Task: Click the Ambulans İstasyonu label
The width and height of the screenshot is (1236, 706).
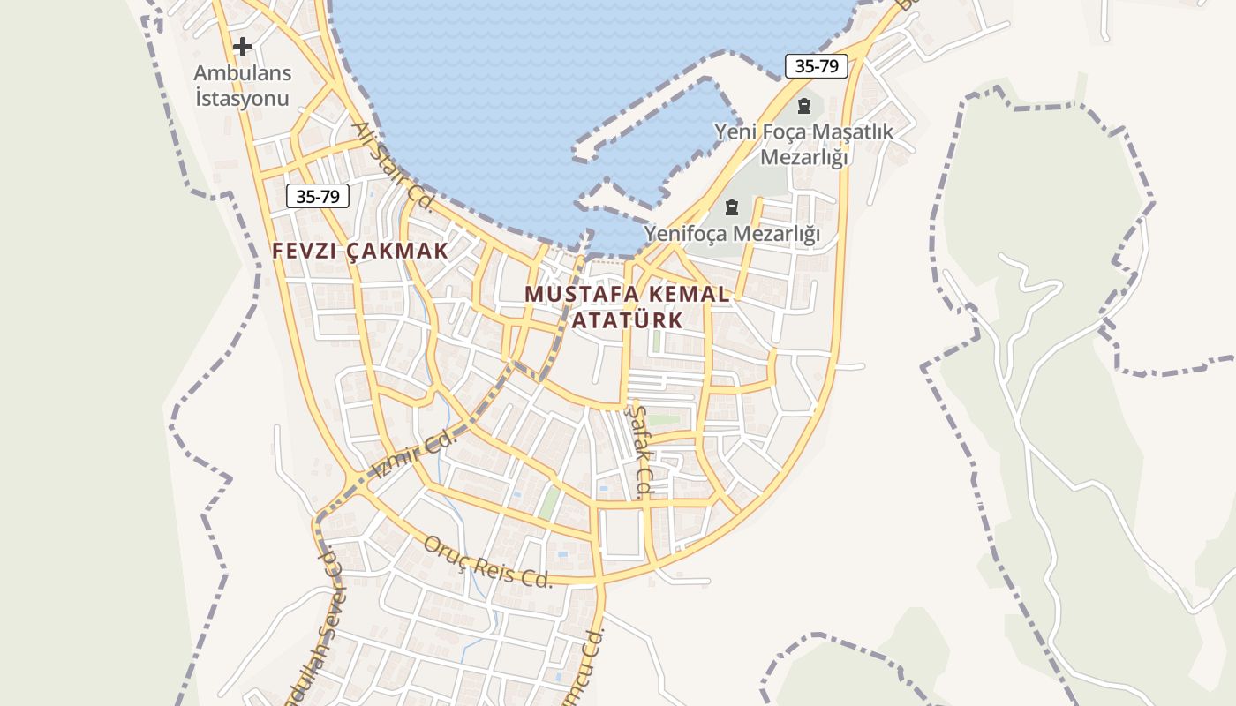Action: click(x=243, y=85)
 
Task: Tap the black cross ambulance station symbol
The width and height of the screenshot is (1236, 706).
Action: click(x=243, y=46)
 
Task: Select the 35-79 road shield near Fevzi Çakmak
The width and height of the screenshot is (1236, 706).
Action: click(x=318, y=196)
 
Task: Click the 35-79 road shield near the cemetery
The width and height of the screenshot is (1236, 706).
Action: click(x=816, y=66)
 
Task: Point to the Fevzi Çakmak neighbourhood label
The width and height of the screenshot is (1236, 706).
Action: click(x=360, y=251)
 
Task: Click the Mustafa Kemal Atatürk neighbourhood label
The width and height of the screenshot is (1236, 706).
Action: click(x=628, y=306)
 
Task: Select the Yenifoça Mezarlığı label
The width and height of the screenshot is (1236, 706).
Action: click(x=732, y=234)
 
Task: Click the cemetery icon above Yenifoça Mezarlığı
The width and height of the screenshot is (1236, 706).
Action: click(x=732, y=207)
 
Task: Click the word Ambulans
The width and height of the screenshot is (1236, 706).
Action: click(x=243, y=72)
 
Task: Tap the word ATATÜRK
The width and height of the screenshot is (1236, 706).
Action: click(x=628, y=319)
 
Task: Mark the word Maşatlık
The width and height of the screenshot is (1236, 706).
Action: click(x=853, y=132)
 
